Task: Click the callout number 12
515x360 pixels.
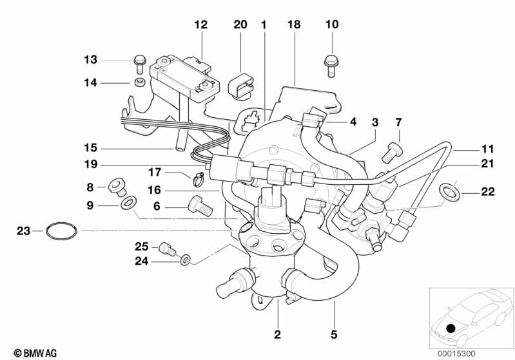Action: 201,24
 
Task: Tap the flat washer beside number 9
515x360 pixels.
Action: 128,204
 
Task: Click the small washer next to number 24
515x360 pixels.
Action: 186,260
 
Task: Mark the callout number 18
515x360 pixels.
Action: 295,24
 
